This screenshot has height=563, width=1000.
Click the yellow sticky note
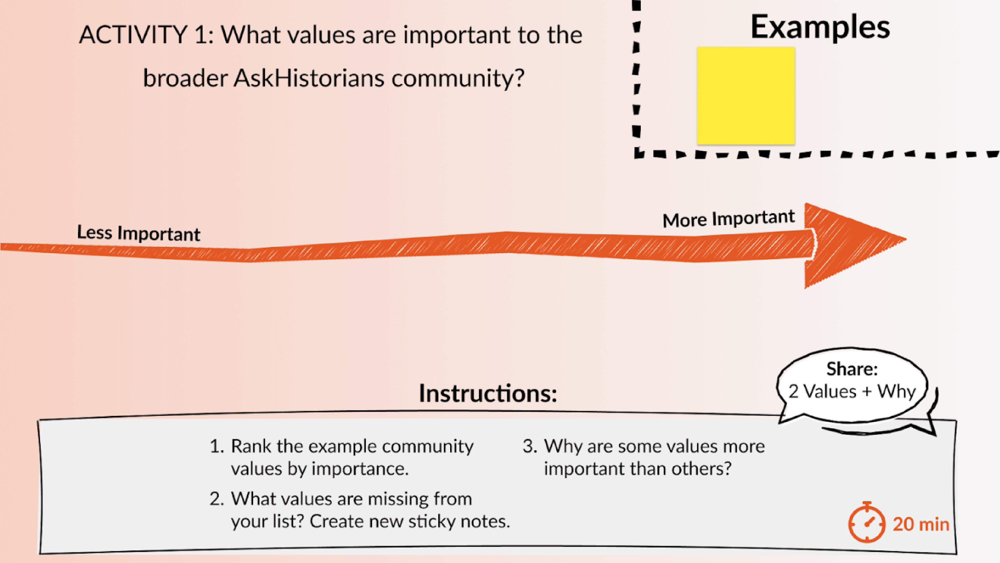746,96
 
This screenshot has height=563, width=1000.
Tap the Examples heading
820,27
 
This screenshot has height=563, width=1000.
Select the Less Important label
138,233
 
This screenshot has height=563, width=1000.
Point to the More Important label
728,219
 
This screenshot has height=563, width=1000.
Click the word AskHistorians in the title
309,78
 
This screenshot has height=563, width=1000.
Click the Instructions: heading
488,393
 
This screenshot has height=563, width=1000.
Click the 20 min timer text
921,524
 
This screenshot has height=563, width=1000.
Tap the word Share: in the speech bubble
852,369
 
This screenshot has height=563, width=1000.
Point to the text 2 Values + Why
852,391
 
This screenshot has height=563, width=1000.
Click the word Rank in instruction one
251,446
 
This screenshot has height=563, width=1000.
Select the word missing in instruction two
392,499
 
